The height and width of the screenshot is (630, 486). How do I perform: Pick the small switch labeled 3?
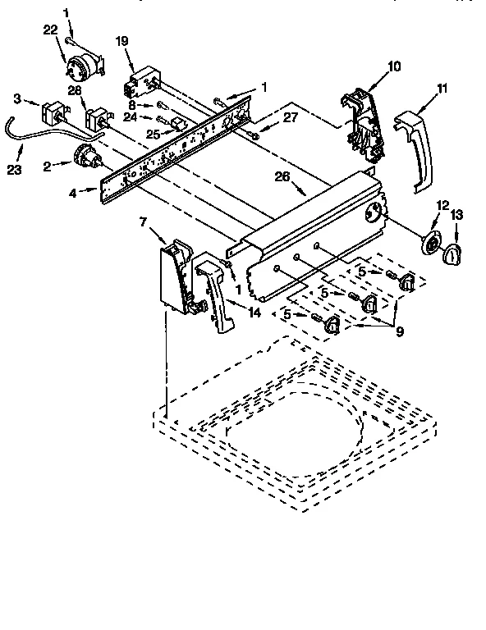(x=53, y=113)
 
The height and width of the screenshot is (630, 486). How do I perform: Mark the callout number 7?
(x=144, y=222)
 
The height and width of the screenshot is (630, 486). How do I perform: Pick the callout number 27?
(x=290, y=116)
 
